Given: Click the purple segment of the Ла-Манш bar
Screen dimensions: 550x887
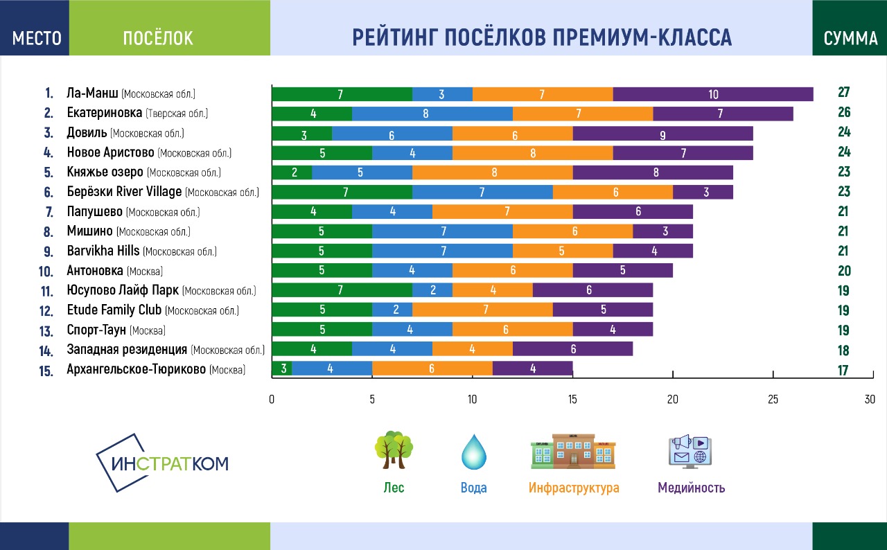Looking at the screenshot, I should coord(713,94).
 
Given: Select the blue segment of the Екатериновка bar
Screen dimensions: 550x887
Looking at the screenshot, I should coord(432,114).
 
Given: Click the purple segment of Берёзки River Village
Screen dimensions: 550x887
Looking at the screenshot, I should coord(703,193).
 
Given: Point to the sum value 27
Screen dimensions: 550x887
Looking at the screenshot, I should coord(843,93).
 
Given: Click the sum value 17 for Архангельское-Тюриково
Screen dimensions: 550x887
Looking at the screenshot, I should coord(843,371).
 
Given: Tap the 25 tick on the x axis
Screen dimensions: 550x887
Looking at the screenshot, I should coord(773,400).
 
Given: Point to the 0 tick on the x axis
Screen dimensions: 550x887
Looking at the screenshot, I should coord(272,400).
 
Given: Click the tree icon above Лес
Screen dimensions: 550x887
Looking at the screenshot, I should coord(394,450).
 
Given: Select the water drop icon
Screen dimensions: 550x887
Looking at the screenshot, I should coord(474,451).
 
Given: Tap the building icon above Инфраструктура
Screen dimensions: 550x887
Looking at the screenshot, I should coord(572,451).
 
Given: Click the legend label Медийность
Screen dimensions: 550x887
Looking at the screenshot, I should coord(691,488).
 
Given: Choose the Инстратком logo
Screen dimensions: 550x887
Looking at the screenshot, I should coord(161,463).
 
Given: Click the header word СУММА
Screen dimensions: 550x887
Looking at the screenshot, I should coord(850,38).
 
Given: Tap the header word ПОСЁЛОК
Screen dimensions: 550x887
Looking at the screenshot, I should coord(158,38).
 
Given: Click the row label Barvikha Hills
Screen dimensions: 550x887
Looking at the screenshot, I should coord(103,251).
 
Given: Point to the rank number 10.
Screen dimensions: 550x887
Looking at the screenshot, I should coord(46,272).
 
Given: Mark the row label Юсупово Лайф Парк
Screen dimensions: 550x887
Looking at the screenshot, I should coord(122,291).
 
